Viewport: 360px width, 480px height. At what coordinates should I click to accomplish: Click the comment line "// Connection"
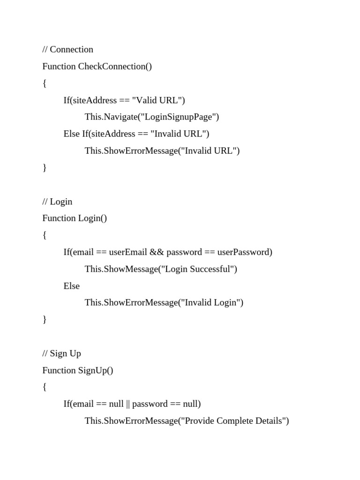coord(67,50)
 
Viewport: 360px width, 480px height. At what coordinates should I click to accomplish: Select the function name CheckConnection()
coord(115,67)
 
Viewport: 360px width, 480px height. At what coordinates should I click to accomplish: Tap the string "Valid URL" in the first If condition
coord(158,100)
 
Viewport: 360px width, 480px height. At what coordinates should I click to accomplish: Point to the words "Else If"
coord(75,134)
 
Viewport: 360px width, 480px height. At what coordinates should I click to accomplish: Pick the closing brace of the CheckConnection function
coord(45,168)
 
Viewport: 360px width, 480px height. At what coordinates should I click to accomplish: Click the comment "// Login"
coord(57,202)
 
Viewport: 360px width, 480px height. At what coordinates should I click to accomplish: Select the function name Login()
coord(92,218)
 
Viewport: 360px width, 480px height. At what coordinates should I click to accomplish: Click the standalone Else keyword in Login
coord(72,286)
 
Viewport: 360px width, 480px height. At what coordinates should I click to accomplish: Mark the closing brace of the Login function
coord(45,320)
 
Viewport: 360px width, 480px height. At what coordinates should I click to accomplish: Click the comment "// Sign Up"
coord(61,353)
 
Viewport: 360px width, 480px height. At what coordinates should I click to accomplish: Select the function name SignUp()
coord(96,370)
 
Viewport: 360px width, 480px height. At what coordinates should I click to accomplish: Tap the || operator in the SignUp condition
coord(128,404)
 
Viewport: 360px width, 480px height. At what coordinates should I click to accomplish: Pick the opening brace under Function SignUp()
coord(45,387)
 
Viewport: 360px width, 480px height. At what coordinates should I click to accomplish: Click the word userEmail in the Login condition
coord(128,252)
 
